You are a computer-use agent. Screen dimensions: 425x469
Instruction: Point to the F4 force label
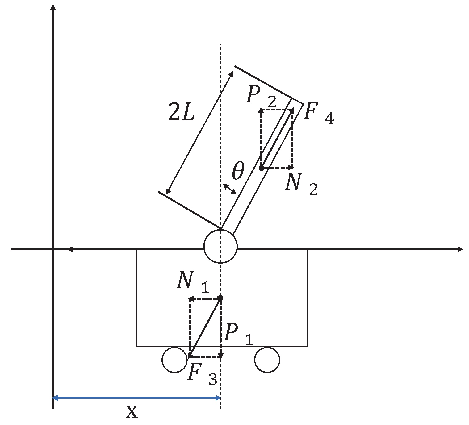point(318,114)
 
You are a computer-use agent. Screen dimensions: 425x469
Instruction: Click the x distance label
point(132,412)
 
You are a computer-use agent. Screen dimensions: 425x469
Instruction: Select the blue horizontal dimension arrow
point(136,398)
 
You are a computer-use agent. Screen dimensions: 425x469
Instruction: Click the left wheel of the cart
point(175,360)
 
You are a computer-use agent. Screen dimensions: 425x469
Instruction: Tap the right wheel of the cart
point(267,360)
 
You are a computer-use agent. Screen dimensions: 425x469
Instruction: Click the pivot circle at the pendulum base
point(220,246)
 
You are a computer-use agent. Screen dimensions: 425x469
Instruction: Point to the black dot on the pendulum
point(261,168)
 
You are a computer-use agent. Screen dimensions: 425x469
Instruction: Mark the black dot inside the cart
point(220,298)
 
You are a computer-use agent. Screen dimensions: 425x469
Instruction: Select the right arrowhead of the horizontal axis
point(460,249)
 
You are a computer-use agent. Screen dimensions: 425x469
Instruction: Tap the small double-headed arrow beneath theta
point(230,189)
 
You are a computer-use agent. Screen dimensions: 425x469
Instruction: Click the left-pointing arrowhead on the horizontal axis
point(70,249)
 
